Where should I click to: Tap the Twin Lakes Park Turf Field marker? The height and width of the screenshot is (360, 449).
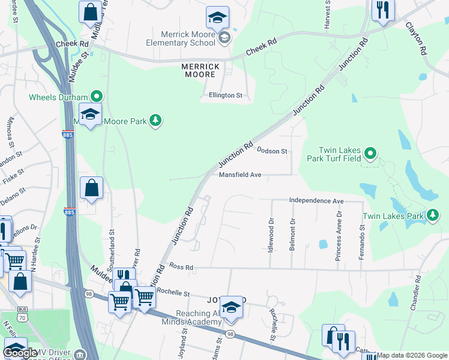370,154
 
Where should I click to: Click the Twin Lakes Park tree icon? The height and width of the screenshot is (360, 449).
432,215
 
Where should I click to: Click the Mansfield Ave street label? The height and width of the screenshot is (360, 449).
240,175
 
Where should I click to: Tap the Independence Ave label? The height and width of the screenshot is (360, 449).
316,200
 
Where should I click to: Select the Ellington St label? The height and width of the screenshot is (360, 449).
225,95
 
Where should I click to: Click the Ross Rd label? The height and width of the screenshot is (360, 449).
181,266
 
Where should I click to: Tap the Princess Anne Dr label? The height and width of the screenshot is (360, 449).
339,235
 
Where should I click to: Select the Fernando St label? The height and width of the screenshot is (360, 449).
362,242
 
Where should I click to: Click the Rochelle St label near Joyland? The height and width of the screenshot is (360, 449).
173,293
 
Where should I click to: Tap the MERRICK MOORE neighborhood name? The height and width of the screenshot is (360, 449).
199,70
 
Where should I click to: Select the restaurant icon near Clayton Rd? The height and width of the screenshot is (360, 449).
382,11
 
